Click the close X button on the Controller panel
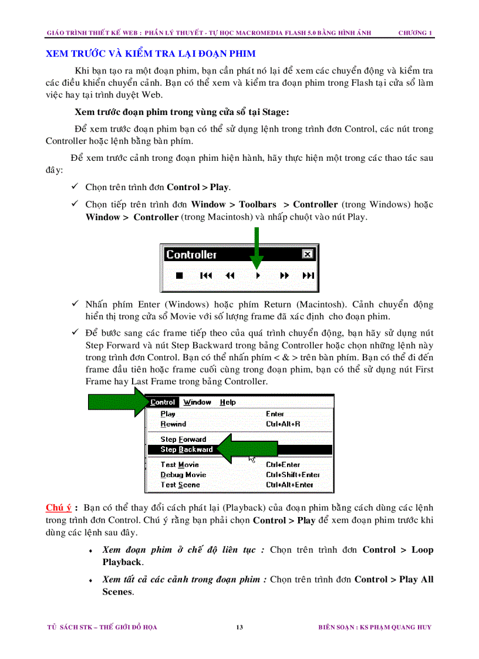point(307,254)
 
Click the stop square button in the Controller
point(180,275)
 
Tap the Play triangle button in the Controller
point(258,275)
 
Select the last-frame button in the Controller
point(308,275)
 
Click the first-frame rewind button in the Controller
point(205,275)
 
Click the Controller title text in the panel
point(191,255)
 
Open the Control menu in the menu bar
point(163,403)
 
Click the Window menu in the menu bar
point(197,403)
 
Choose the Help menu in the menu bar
point(228,403)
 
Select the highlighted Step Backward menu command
point(187,450)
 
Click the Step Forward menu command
point(183,440)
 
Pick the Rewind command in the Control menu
point(173,424)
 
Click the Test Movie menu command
point(180,465)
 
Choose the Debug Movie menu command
point(183,475)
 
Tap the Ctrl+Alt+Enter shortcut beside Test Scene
point(289,485)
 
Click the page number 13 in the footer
point(239,627)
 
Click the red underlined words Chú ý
point(58,508)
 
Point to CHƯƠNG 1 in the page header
point(415,33)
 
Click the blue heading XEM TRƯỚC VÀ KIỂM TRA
point(150,54)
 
